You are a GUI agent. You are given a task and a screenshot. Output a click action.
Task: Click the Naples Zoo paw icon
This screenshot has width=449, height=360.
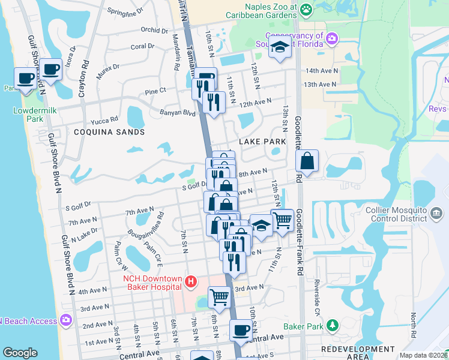(x=306, y=8)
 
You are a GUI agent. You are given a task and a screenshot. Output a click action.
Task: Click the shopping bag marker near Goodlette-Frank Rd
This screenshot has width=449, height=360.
(x=307, y=160)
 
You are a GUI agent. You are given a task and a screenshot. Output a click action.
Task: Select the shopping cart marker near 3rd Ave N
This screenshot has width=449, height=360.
(x=219, y=296)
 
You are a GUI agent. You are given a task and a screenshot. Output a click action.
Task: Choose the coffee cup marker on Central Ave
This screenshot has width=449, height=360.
(x=241, y=329)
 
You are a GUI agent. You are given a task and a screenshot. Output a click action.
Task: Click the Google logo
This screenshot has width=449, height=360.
(x=20, y=353)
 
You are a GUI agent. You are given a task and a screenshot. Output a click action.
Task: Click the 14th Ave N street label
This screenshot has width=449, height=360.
(x=321, y=70)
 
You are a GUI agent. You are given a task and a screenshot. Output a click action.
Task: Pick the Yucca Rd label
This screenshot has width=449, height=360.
(x=105, y=119)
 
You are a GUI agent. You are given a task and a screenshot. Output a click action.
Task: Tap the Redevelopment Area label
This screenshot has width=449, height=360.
(x=358, y=353)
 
